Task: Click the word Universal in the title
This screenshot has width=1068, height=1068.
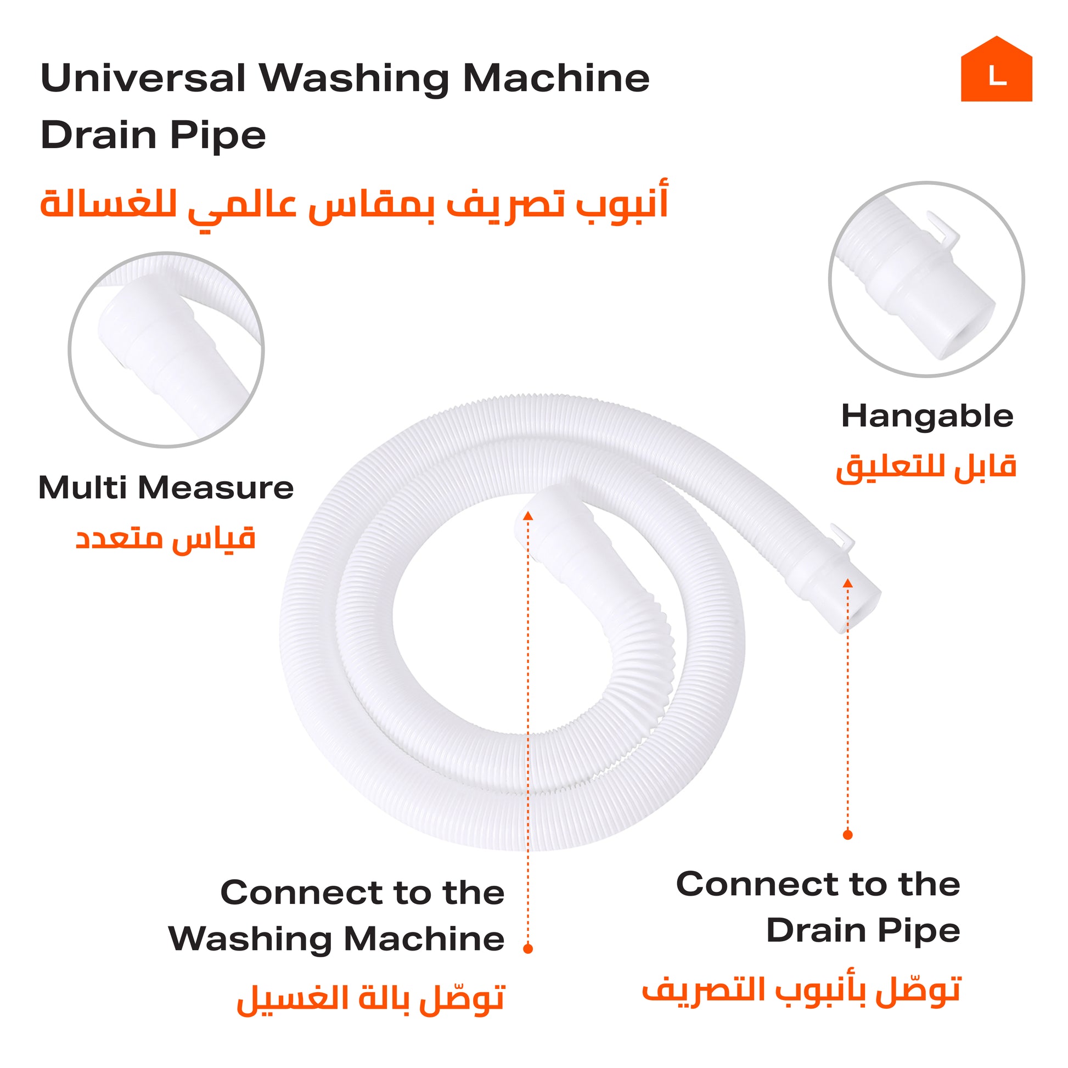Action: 143,78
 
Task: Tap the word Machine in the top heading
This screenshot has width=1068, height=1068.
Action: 556,78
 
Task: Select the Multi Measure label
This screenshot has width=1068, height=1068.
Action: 166,487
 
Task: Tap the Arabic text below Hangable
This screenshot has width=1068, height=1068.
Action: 926,468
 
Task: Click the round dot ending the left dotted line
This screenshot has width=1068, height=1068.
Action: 528,948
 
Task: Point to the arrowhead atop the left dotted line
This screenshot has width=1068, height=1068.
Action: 528,516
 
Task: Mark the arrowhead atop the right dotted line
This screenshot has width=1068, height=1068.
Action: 847,583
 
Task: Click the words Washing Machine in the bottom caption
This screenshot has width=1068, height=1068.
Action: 336,940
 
